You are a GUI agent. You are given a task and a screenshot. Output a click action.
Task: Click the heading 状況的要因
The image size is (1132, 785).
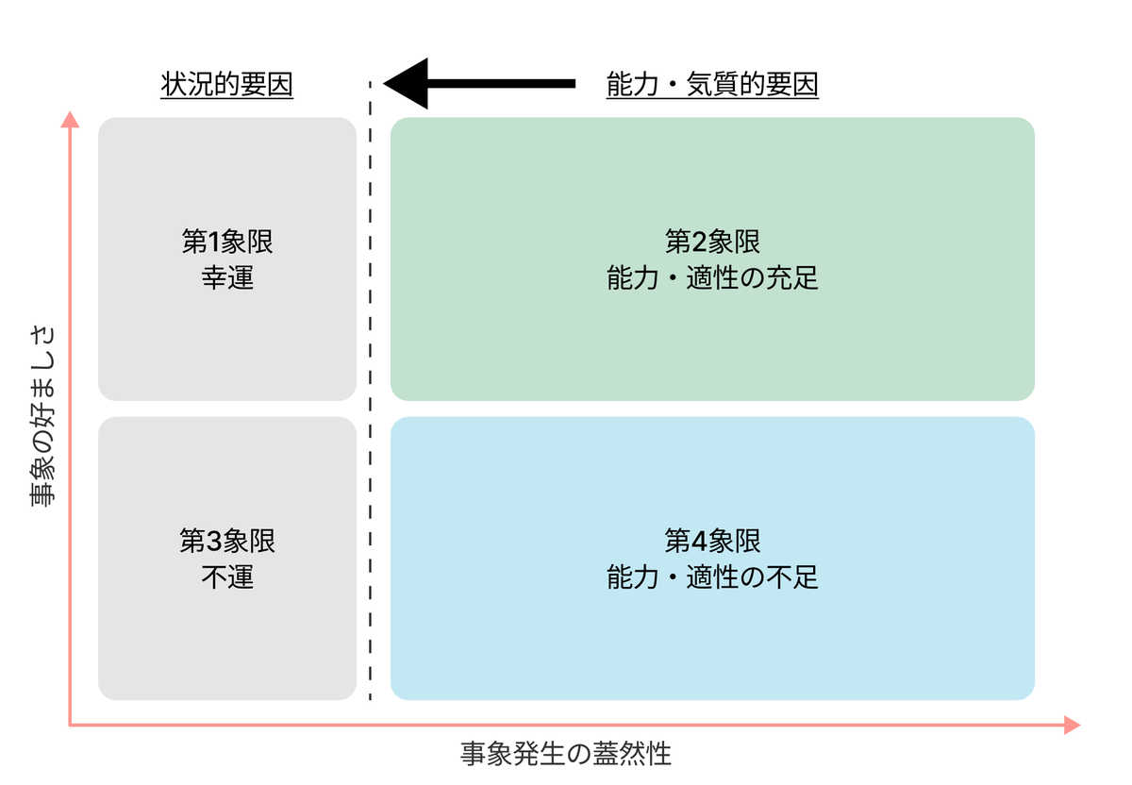tap(226, 85)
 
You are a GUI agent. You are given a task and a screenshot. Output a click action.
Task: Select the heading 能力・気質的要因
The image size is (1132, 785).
tap(712, 85)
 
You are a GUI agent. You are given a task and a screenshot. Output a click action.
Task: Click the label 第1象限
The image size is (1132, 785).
tap(227, 242)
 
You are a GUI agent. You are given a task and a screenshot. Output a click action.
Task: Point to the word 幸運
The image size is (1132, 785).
tap(227, 279)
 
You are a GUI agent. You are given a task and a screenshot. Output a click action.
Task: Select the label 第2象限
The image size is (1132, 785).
tap(712, 242)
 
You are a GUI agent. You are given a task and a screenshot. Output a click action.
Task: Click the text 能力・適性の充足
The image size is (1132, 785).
tap(712, 279)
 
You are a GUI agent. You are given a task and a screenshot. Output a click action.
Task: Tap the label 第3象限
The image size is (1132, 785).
tap(227, 542)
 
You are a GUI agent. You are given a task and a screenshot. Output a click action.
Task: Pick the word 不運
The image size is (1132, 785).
tap(227, 577)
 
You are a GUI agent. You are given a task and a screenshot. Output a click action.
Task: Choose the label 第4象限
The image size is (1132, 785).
tap(712, 542)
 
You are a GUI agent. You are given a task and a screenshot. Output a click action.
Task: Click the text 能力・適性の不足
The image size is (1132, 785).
tap(712, 577)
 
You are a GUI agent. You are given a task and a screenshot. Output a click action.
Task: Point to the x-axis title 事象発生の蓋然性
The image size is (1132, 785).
tap(566, 755)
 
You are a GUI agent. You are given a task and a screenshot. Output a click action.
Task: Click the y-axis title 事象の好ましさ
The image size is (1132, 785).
tap(43, 416)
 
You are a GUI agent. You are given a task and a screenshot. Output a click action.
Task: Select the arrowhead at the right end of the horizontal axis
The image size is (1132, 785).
tap(1072, 725)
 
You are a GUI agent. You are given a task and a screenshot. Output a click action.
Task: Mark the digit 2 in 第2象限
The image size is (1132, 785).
tap(700, 242)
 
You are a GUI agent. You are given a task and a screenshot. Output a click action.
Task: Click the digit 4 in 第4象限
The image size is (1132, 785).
tap(700, 542)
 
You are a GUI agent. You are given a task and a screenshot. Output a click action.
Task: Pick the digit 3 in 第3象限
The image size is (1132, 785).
tap(214, 542)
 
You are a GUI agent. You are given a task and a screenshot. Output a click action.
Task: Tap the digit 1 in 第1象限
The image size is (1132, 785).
tap(214, 242)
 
